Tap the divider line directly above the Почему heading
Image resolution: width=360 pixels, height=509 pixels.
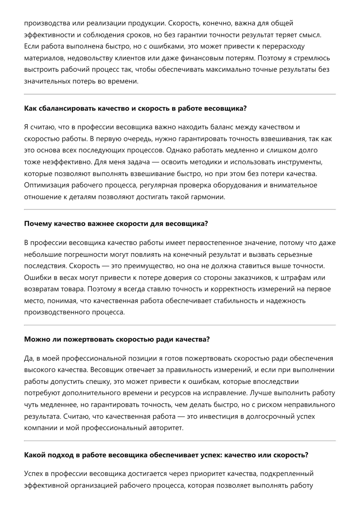180,209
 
